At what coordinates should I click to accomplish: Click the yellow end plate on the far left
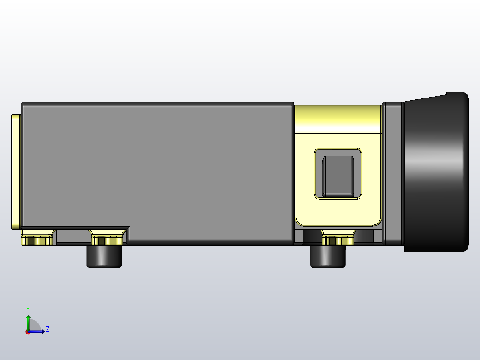(x=16, y=172)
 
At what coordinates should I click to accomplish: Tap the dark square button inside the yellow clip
(x=338, y=176)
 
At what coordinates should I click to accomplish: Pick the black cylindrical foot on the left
(x=104, y=257)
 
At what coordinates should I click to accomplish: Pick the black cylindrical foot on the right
(x=328, y=257)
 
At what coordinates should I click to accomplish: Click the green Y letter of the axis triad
(x=28, y=309)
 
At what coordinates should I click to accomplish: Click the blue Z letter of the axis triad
(x=47, y=329)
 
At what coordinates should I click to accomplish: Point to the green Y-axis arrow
(x=28, y=322)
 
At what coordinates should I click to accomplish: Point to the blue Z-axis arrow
(x=38, y=331)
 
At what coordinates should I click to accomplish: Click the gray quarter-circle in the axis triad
(x=34, y=326)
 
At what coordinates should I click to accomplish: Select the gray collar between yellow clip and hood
(x=393, y=174)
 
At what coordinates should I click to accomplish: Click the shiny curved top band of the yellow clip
(x=338, y=118)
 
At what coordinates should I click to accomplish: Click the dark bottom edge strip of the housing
(x=209, y=242)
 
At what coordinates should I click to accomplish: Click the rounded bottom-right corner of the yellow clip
(x=377, y=221)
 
